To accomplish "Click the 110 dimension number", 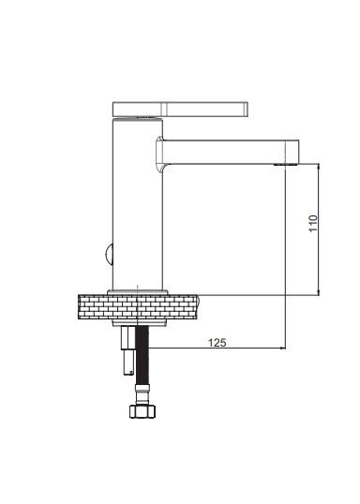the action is click(313, 223).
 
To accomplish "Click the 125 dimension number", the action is click(217, 343).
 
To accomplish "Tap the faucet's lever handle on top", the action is click(181, 109).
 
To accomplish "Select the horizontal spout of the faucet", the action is click(229, 152).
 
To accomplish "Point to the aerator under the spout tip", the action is click(286, 165).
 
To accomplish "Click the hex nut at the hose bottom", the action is click(142, 411).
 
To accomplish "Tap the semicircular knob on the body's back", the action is click(108, 255).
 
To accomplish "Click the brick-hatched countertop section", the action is click(139, 307).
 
